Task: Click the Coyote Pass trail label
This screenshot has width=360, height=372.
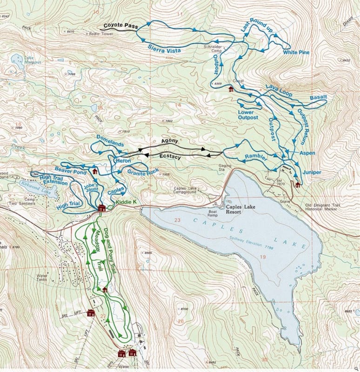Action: (120, 26)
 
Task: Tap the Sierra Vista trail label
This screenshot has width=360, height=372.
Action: (164, 47)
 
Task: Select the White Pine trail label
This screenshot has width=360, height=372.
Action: (296, 53)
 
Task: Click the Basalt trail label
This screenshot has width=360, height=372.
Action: (319, 97)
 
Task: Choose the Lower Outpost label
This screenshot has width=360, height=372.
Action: (248, 114)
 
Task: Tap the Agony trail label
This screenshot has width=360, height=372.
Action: (170, 141)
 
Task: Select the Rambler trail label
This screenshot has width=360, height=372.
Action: (256, 157)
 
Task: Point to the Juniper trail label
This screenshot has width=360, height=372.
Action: (312, 172)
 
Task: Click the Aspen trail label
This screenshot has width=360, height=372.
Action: (307, 153)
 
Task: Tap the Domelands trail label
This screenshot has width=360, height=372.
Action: (110, 141)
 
